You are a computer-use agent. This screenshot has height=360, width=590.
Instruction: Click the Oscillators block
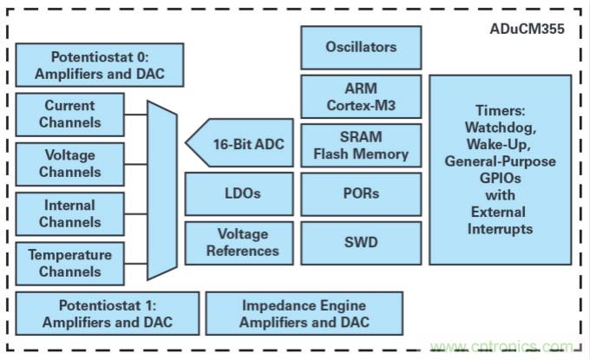coord(361,48)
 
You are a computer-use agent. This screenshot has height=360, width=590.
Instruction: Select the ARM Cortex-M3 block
coord(361,96)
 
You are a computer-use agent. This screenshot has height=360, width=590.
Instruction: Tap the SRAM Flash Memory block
coord(361,146)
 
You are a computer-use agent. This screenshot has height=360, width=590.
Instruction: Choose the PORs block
coord(361,193)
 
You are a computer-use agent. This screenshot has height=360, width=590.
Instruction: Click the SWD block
coord(361,242)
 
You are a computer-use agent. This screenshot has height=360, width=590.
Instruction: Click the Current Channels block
coord(70,114)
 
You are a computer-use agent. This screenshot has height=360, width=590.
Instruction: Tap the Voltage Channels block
coord(70,164)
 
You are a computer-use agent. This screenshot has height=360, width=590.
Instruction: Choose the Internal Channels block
coord(70,213)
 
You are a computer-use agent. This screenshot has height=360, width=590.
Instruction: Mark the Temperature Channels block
coord(70,263)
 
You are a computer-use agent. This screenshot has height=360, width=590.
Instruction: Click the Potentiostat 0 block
coord(101,65)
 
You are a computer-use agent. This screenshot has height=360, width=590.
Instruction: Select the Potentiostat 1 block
coord(107,314)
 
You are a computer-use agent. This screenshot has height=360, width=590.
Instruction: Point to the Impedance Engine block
coord(304,314)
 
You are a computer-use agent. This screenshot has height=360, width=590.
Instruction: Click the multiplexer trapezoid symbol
coord(161,189)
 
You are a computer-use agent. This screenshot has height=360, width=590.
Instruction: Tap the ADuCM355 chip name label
coord(527,29)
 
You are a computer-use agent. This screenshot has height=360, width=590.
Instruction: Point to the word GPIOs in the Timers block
coord(500,179)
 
